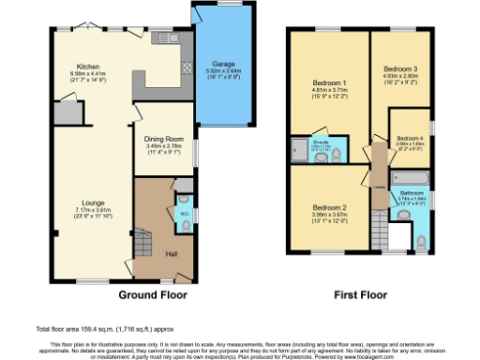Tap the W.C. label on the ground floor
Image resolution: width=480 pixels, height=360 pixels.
pos(184,212)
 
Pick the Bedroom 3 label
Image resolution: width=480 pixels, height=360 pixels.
pos(400,69)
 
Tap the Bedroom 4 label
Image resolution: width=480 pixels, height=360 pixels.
pos(410,139)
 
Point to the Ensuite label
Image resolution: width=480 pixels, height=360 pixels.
pos(320,143)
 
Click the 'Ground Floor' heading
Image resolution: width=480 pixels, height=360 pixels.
pos(153,293)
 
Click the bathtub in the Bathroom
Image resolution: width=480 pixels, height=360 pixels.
pos(409,176)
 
